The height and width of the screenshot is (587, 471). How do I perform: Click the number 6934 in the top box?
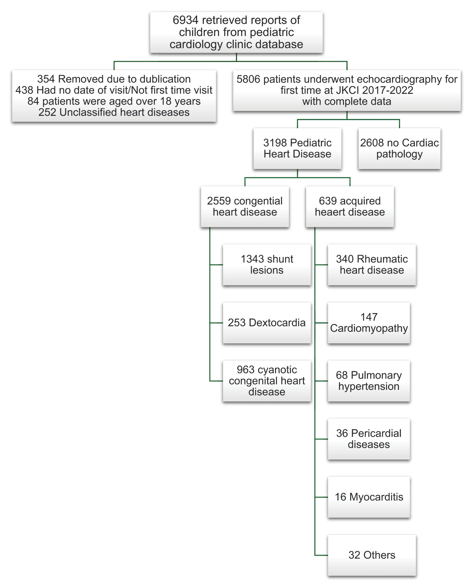(x=186, y=20)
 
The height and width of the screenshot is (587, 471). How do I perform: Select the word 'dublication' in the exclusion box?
(x=165, y=79)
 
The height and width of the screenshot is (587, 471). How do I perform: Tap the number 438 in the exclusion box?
(x=24, y=90)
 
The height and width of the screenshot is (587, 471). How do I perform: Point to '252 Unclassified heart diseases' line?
(x=114, y=113)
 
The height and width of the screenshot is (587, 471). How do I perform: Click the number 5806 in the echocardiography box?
(x=248, y=79)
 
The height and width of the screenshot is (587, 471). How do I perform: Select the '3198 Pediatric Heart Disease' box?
(x=297, y=149)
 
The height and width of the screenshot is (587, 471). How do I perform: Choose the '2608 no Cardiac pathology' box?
(x=399, y=149)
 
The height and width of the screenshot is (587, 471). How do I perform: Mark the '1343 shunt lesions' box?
(x=267, y=265)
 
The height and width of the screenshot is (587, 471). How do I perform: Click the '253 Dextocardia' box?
(x=267, y=323)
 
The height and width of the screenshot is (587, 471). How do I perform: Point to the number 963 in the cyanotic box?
(x=245, y=370)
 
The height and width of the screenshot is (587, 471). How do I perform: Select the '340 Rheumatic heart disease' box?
(x=371, y=265)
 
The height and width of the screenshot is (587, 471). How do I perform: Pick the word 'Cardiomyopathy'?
(x=369, y=328)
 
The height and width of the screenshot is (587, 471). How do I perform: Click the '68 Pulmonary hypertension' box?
(x=369, y=381)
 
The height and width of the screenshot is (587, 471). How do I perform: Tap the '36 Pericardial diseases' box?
(x=369, y=439)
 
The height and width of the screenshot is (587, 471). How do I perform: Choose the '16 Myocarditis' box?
(x=369, y=497)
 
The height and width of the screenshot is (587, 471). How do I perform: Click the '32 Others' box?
(x=371, y=555)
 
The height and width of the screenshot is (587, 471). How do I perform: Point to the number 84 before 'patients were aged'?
(x=33, y=101)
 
